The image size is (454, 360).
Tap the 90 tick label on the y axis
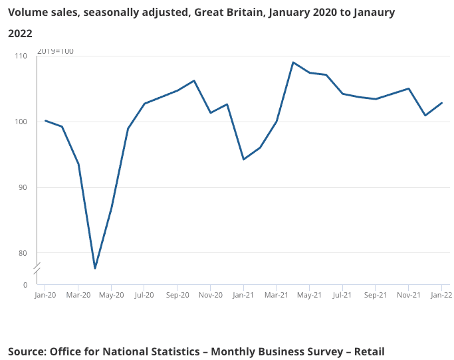[x=23, y=187]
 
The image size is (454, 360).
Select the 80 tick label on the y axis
[x=23, y=253]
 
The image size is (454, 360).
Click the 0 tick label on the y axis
[x=25, y=285]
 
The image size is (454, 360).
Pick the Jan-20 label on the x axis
[x=45, y=295]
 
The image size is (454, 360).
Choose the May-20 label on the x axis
[x=111, y=295]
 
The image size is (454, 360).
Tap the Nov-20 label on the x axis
[x=210, y=295]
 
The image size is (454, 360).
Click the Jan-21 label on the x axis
[x=243, y=295]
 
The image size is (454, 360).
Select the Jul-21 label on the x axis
[x=342, y=295]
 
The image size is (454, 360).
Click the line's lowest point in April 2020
[x=95, y=268]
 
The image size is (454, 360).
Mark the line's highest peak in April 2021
[x=293, y=62]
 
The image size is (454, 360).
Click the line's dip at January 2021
[x=243, y=159]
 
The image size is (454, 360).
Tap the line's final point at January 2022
[x=442, y=103]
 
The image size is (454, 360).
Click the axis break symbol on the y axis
[x=38, y=268]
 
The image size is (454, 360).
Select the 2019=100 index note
[x=55, y=51]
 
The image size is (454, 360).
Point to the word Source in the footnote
[x=27, y=351]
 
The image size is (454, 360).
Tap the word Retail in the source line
[x=369, y=351]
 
